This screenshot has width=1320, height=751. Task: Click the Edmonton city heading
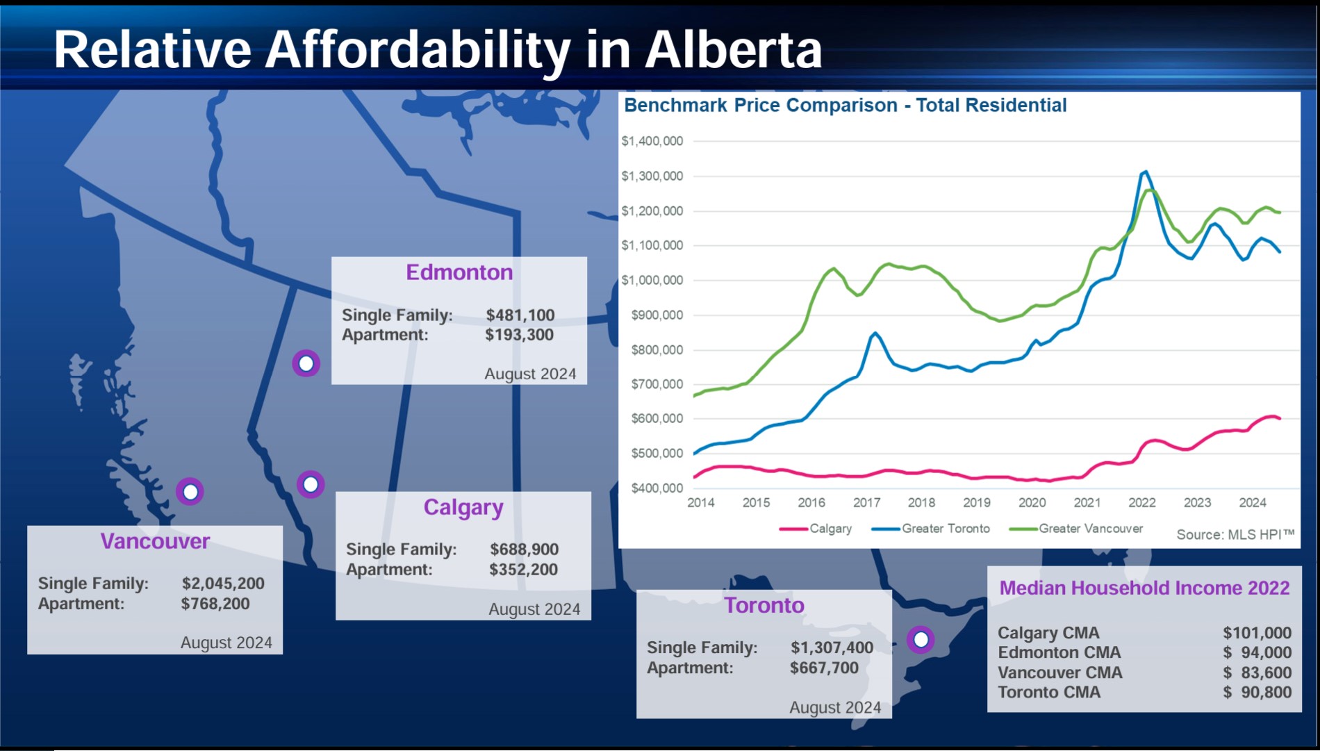[x=459, y=272]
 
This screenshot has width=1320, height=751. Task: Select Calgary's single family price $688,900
[x=524, y=550]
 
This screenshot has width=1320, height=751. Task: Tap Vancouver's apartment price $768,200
[x=215, y=604]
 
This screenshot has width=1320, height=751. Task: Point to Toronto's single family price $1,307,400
[x=832, y=647]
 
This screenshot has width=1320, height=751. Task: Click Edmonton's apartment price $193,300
[x=520, y=335]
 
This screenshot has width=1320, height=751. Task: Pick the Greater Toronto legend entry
[x=945, y=529]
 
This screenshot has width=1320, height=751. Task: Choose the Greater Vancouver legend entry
[x=1090, y=529]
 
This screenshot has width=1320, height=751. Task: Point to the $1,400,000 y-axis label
[x=652, y=141]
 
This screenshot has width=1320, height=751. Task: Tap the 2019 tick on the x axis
[x=977, y=502]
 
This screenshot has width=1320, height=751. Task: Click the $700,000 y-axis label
[x=657, y=384]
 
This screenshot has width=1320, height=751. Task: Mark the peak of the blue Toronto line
[x=1145, y=172]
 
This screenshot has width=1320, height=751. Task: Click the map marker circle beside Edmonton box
[x=306, y=363]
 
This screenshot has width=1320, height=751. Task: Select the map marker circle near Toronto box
[x=921, y=639]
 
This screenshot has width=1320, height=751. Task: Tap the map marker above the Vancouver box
[x=190, y=492]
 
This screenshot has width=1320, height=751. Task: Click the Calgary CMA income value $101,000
[x=1257, y=633]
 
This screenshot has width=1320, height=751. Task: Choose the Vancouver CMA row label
[x=1059, y=672]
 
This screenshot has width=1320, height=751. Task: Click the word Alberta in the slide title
[x=733, y=50]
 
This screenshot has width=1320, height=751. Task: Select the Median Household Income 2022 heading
[x=1144, y=588]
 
